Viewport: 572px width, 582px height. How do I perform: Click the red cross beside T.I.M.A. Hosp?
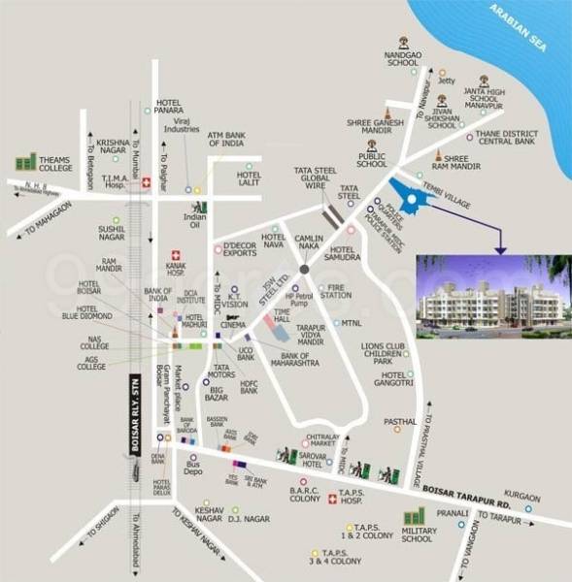tap(147, 181)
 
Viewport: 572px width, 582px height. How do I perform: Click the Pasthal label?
tap(400, 421)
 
